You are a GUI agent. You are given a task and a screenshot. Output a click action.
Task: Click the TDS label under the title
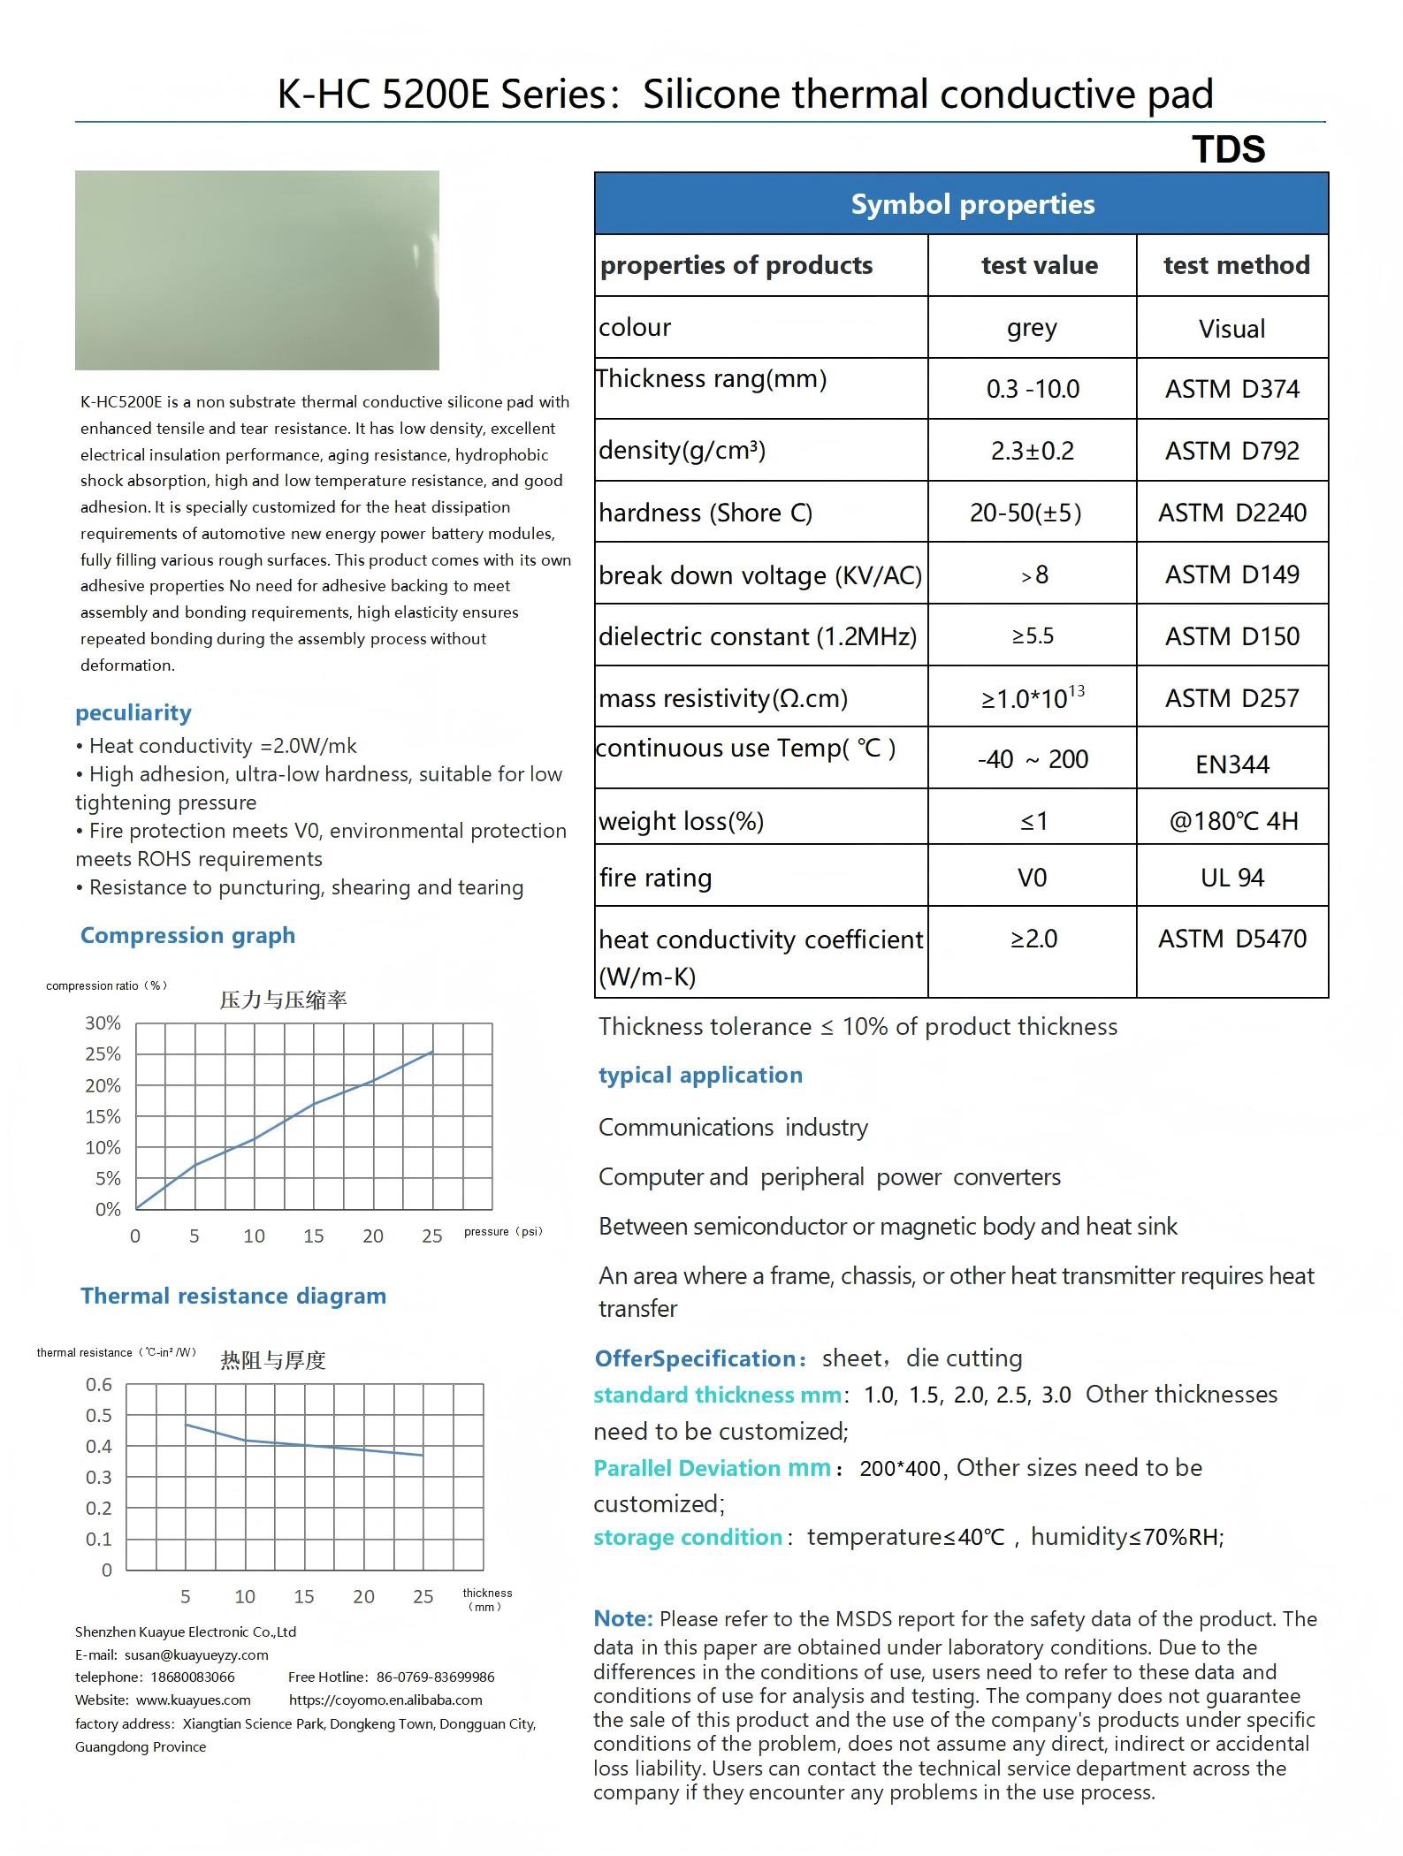pyautogui.click(x=1228, y=149)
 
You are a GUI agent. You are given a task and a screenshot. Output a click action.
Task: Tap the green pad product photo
pyautogui.click(x=256, y=270)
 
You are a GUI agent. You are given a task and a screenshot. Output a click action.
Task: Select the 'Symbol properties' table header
pyautogui.click(x=972, y=204)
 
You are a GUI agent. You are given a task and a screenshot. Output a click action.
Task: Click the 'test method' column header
pyautogui.click(x=1236, y=265)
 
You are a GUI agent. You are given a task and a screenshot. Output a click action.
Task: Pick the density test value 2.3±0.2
pyautogui.click(x=1032, y=451)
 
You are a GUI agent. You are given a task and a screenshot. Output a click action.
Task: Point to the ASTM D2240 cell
pyautogui.click(x=1232, y=513)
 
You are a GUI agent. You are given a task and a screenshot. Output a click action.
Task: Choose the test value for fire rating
pyautogui.click(x=1032, y=878)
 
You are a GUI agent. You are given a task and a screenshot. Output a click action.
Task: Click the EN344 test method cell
pyautogui.click(x=1232, y=764)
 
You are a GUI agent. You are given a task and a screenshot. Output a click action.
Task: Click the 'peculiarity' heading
pyautogui.click(x=133, y=712)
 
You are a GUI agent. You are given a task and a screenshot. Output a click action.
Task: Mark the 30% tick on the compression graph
pyautogui.click(x=103, y=1023)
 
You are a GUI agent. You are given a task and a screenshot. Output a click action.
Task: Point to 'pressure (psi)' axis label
pyautogui.click(x=502, y=1231)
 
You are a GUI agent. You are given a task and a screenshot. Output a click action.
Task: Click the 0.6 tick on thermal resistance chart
pyautogui.click(x=99, y=1384)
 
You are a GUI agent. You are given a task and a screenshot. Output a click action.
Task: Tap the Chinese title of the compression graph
pyautogui.click(x=283, y=1000)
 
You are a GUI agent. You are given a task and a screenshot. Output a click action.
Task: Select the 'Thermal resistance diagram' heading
pyautogui.click(x=233, y=1296)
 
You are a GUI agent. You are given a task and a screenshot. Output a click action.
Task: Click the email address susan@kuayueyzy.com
pyautogui.click(x=196, y=1654)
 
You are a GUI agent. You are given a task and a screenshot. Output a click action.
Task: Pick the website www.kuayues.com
pyautogui.click(x=193, y=1700)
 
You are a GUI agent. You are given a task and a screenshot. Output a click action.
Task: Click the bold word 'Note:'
pyautogui.click(x=623, y=1618)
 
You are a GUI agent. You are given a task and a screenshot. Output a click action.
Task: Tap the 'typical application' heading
pyautogui.click(x=700, y=1075)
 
